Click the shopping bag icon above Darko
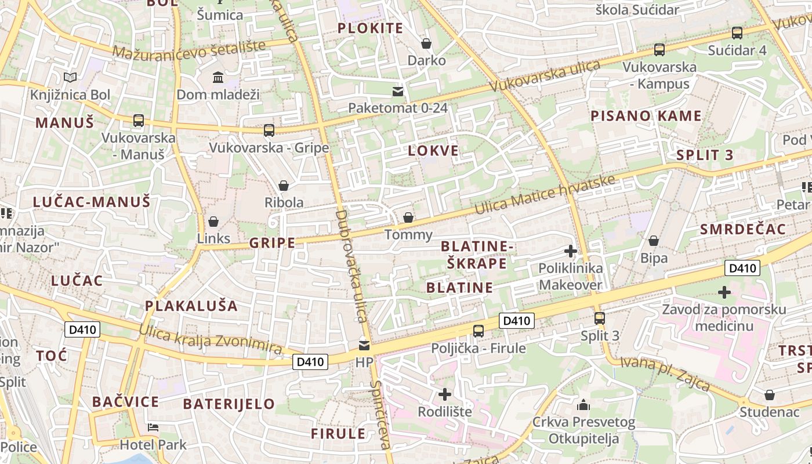click(x=426, y=43)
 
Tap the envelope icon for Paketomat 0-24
click(x=398, y=91)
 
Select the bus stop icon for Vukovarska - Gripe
click(x=269, y=130)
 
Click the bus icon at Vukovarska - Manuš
click(x=138, y=121)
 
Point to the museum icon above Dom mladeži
click(x=218, y=77)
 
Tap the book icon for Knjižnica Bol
click(x=70, y=77)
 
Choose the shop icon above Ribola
click(x=284, y=186)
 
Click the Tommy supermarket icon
click(x=408, y=217)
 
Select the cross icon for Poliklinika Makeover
click(x=571, y=251)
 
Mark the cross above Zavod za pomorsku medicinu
click(x=724, y=292)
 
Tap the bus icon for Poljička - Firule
click(x=478, y=331)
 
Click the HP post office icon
click(x=364, y=345)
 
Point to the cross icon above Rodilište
click(x=445, y=394)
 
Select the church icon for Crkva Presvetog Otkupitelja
click(x=583, y=404)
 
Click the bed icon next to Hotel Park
click(x=153, y=427)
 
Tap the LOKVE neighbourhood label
click(x=433, y=151)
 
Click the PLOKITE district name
click(x=370, y=28)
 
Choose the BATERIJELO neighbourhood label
click(x=229, y=404)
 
